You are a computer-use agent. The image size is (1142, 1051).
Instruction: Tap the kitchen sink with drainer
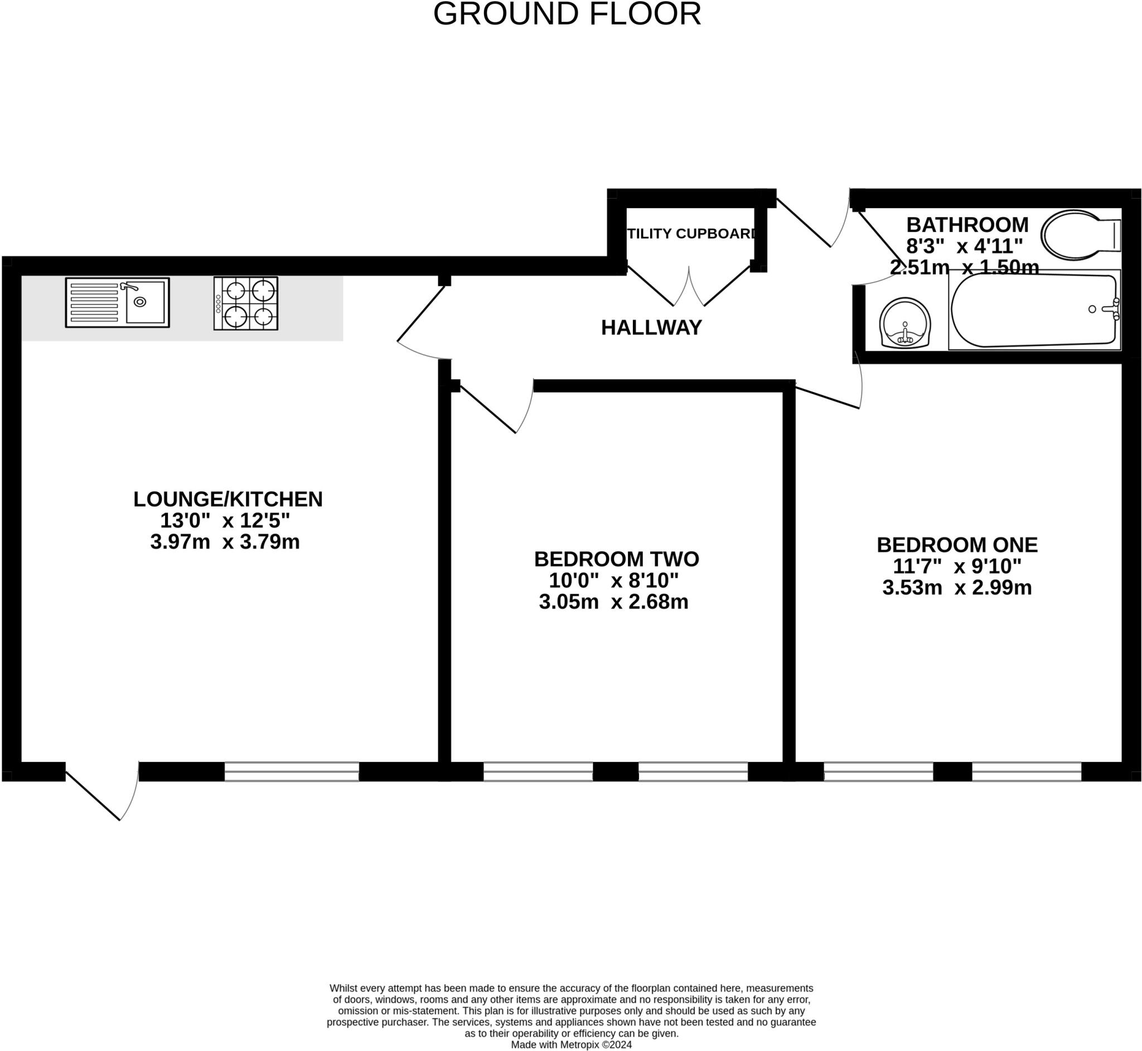117,302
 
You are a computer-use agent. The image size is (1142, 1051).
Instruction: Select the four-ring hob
245,303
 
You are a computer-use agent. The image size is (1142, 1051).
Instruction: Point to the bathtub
1033,310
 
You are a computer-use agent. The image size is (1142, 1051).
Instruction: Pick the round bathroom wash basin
904,322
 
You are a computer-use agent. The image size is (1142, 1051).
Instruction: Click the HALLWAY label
651,327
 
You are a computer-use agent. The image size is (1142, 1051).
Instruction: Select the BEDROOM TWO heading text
616,559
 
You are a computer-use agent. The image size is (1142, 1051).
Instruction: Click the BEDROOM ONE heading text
957,545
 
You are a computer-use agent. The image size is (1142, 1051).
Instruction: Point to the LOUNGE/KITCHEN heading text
228,499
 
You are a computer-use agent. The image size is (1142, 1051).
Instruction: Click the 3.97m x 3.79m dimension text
225,542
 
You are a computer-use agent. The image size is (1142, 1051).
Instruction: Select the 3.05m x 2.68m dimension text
613,602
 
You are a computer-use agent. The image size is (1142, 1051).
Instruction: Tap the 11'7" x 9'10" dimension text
957,566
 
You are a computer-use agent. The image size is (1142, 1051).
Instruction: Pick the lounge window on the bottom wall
292,771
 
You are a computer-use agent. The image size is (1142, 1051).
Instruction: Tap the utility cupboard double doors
689,287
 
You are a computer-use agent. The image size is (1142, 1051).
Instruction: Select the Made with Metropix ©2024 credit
570,1044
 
